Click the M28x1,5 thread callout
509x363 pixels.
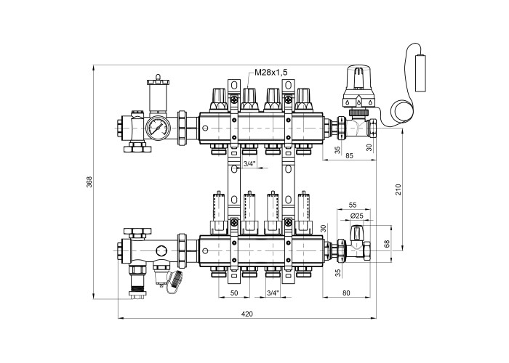pos(271,72)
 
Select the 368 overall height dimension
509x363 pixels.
pos(89,181)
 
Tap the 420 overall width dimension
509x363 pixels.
pos(247,314)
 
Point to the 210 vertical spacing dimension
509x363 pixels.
pos(398,189)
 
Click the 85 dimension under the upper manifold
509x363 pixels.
pos(349,156)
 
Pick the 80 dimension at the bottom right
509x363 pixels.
pos(346,293)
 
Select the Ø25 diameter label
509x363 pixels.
pos(357,216)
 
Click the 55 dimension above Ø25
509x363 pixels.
pos(353,205)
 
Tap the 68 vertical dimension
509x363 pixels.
pos(387,244)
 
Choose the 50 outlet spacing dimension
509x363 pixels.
pos(234,293)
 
